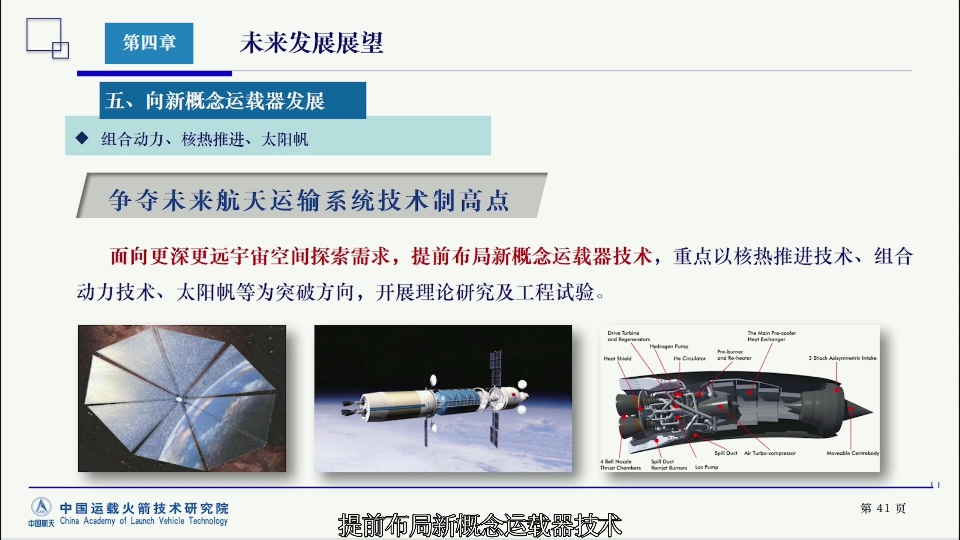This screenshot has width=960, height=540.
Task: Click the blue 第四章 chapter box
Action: (149, 43)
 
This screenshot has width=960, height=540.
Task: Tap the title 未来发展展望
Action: (312, 43)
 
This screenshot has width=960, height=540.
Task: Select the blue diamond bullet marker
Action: (82, 138)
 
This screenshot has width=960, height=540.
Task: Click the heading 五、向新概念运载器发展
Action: (215, 101)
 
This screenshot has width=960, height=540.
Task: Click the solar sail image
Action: (182, 398)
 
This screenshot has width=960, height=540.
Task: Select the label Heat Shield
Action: (617, 358)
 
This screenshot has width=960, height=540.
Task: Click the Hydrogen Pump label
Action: (669, 346)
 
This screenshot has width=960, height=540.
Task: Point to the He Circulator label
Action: (690, 358)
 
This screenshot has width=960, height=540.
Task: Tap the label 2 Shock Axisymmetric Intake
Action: (842, 358)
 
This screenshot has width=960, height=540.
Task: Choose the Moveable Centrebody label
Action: (853, 453)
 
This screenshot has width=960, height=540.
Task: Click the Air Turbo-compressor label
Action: (770, 453)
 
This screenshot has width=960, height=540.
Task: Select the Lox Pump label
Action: (706, 467)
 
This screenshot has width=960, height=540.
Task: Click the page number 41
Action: (883, 508)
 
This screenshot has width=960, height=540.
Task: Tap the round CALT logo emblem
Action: (41, 507)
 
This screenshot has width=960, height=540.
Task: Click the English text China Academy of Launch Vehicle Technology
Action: (144, 521)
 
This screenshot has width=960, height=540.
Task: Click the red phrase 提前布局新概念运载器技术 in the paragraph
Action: (532, 256)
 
